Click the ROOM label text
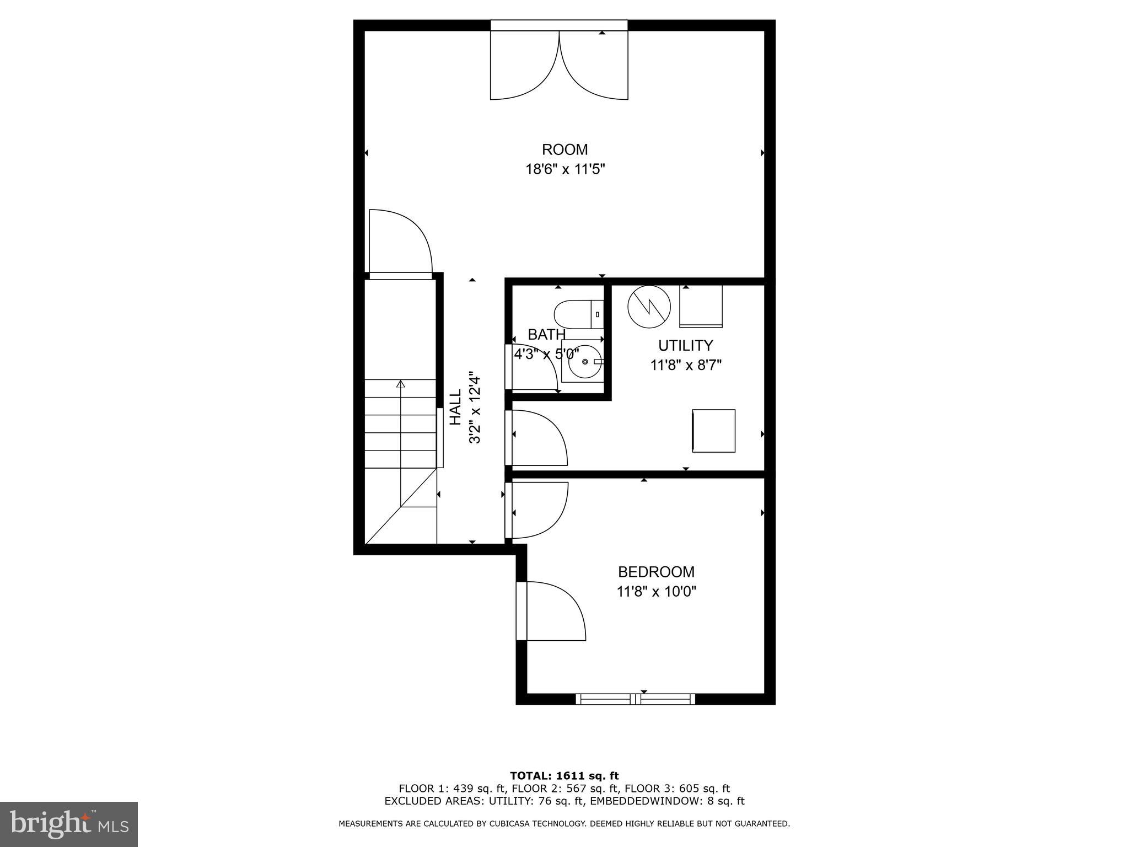(x=564, y=149)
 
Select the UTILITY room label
(x=685, y=346)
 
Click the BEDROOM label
(x=656, y=572)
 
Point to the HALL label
(x=455, y=408)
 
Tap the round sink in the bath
(x=585, y=362)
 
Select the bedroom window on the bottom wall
(x=635, y=699)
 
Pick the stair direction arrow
(x=401, y=384)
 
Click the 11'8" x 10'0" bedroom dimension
(x=656, y=592)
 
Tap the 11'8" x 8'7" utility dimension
(x=686, y=365)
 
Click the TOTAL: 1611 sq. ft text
(x=564, y=776)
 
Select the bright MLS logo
(x=69, y=824)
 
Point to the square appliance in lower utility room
(x=713, y=431)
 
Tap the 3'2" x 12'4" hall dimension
(x=475, y=408)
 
